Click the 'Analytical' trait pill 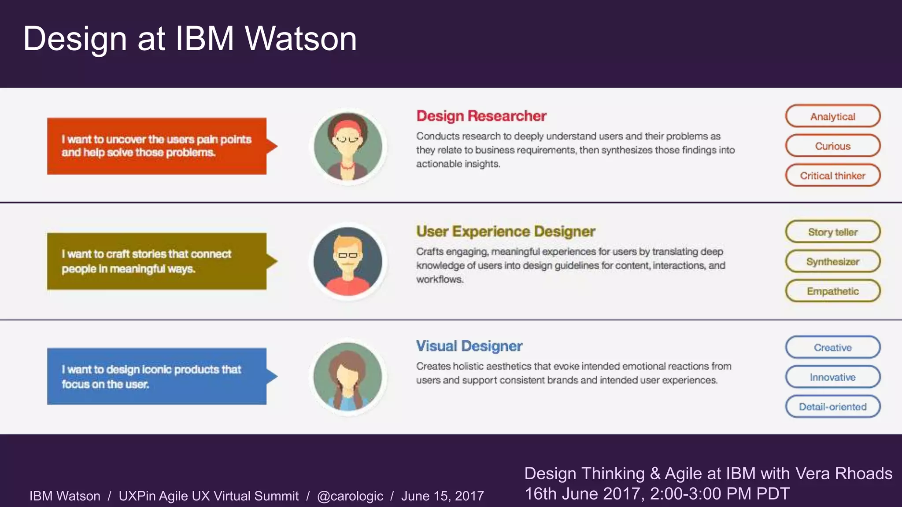click(x=832, y=116)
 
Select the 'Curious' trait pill click(x=832, y=146)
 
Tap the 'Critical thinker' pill click(x=832, y=176)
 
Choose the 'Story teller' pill click(x=832, y=232)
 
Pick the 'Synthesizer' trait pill click(x=832, y=261)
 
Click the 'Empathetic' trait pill click(x=832, y=291)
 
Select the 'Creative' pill click(x=832, y=347)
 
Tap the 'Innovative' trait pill click(x=832, y=377)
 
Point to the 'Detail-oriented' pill click(x=832, y=406)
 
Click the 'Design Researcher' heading click(x=481, y=116)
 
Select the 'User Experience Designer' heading click(x=506, y=231)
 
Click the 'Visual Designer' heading click(x=469, y=346)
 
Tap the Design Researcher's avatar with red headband click(x=348, y=147)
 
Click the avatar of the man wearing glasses click(x=348, y=261)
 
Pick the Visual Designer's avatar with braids click(x=348, y=377)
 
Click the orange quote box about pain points click(x=157, y=146)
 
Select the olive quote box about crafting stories click(x=157, y=261)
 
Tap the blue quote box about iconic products click(x=157, y=376)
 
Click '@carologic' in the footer click(x=350, y=496)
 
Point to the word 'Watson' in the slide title click(x=301, y=39)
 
